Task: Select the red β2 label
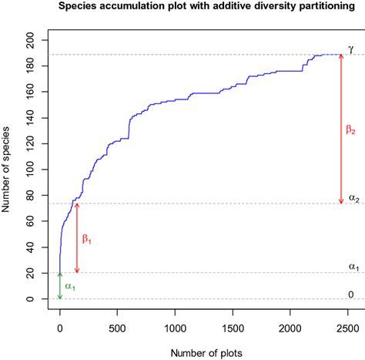point(350,130)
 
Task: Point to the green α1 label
point(70,287)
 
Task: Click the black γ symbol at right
point(350,49)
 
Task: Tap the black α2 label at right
point(353,198)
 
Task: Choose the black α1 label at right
point(353,267)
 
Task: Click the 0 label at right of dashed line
point(350,294)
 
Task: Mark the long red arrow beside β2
point(341,130)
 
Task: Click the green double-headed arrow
point(60,286)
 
